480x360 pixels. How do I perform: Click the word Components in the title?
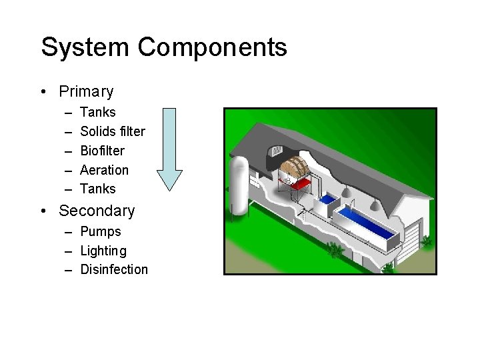point(213,47)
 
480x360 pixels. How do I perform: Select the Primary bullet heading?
point(86,91)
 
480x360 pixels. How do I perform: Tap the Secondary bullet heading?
point(97,211)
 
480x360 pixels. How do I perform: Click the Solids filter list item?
point(112,131)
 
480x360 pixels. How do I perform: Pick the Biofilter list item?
point(102,151)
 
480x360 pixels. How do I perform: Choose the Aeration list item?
point(104,170)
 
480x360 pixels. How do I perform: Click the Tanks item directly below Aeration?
point(97,189)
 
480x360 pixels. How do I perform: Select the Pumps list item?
point(101,231)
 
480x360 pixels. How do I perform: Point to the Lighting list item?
point(103,251)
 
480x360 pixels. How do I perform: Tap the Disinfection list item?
point(114,269)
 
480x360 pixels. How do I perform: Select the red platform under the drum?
point(301,184)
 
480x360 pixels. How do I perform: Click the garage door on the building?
point(412,236)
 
